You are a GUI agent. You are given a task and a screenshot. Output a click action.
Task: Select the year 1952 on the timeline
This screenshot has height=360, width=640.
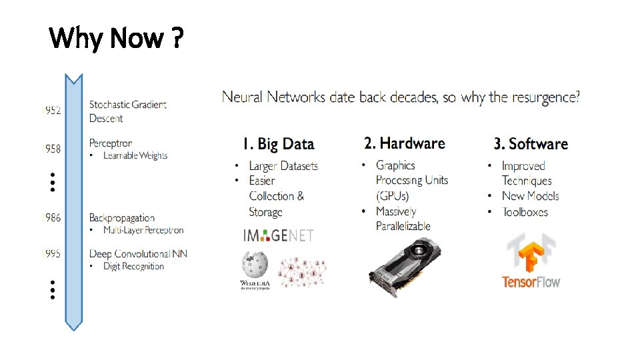pyautogui.click(x=51, y=111)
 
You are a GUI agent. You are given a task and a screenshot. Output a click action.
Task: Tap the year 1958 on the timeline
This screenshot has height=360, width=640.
pyautogui.click(x=51, y=149)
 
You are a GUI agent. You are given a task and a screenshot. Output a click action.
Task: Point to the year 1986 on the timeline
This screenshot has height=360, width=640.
pyautogui.click(x=51, y=218)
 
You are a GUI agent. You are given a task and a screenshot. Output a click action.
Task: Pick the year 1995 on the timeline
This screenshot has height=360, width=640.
pyautogui.click(x=51, y=253)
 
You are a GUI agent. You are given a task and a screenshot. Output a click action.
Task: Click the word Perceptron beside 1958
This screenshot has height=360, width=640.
pyautogui.click(x=111, y=143)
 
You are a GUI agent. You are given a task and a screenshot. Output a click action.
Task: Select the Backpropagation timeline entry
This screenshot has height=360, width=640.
pyautogui.click(x=122, y=218)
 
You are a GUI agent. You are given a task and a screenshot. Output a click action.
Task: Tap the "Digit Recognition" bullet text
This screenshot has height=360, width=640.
pyautogui.click(x=133, y=267)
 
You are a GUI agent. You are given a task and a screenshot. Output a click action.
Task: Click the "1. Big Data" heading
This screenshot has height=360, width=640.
pyautogui.click(x=278, y=144)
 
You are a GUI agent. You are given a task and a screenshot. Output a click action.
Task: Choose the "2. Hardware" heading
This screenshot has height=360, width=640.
pyautogui.click(x=405, y=143)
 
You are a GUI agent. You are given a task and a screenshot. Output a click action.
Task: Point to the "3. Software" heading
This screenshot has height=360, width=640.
pyautogui.click(x=531, y=144)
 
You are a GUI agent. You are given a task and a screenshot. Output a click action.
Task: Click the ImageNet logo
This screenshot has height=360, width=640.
pyautogui.click(x=278, y=235)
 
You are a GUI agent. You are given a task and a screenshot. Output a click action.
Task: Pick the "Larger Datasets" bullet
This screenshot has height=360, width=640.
pyautogui.click(x=283, y=166)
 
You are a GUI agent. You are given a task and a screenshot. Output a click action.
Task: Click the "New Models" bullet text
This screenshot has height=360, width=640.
pyautogui.click(x=530, y=196)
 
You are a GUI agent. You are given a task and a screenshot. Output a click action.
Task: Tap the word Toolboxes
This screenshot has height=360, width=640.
pyautogui.click(x=525, y=212)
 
